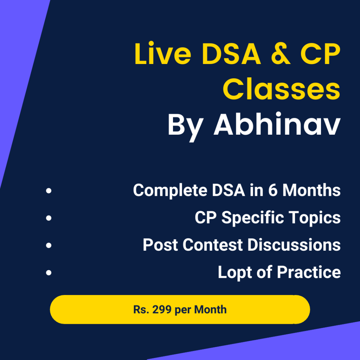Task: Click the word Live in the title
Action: coord(162,54)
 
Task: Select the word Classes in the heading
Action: coord(282,89)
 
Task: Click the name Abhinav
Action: coord(277,125)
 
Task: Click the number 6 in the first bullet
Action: coord(273,190)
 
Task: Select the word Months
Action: coord(311,190)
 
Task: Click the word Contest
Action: coord(213,245)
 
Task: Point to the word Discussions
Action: coord(294,245)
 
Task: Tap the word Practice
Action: coord(309,272)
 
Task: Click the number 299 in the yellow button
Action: coord(162,309)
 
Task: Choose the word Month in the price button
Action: coord(210,309)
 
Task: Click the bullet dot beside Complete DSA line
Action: coord(49,191)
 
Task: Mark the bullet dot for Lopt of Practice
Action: coord(49,272)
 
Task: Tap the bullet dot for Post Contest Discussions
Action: coord(49,245)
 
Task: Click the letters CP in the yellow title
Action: coord(321,54)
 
